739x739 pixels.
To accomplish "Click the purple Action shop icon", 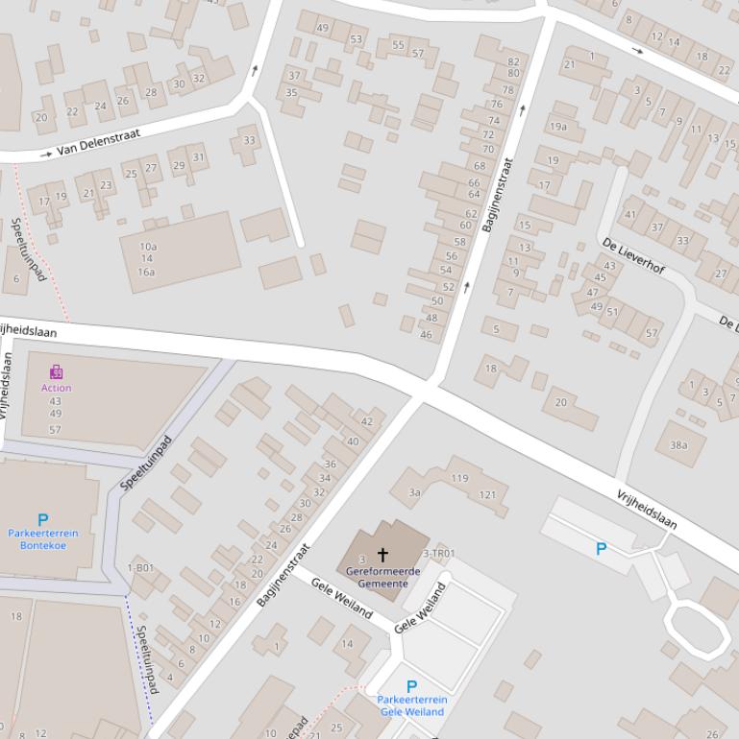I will [x=57, y=371].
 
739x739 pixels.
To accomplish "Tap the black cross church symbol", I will [x=382, y=555].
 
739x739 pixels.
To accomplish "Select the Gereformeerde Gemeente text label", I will [x=383, y=577].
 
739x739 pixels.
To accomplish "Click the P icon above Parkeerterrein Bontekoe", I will [x=42, y=519].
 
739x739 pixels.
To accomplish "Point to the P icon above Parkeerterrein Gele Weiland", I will [x=411, y=686].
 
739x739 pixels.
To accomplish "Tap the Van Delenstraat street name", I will [x=98, y=143].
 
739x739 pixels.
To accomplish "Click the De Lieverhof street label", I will [x=633, y=256].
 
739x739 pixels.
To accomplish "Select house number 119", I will [x=459, y=478].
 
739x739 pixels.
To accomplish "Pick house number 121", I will [x=487, y=494].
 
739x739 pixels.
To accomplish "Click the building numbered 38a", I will [x=678, y=444].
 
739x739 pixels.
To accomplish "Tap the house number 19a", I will [x=558, y=127].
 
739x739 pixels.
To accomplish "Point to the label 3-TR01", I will [x=439, y=554].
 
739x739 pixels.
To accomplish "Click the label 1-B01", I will [x=140, y=568].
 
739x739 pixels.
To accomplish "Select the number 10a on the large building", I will [x=147, y=247].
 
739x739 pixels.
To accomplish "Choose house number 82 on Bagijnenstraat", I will [x=513, y=61].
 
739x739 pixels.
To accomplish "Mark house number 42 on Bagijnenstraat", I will [x=366, y=421].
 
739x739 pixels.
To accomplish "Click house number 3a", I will [x=414, y=492].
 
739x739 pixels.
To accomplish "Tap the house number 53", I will [x=357, y=39].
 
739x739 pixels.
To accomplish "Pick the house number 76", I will [x=497, y=105].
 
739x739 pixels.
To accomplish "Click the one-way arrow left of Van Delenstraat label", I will [x=46, y=154].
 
